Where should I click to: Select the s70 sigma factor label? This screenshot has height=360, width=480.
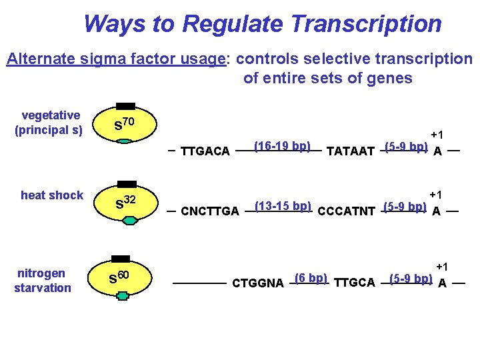126,124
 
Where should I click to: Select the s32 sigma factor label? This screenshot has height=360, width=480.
126,201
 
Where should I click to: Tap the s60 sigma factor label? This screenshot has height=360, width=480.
119,275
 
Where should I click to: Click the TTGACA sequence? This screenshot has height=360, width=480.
205,151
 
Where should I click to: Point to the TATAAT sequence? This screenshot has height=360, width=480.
351,151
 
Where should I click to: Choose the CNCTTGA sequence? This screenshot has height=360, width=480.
210,211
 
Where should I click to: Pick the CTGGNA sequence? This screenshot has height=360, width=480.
258,283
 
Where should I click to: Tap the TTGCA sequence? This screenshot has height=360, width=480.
355,283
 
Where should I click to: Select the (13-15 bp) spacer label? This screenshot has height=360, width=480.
283,205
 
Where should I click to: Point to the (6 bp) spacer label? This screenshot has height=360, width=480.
310,277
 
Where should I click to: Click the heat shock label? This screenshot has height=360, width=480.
52,195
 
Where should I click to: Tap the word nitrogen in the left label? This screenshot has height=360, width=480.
41,273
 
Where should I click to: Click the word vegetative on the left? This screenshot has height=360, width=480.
51,115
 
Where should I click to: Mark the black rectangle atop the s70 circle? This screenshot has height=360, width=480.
125,106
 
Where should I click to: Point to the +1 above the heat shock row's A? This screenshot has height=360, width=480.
437,195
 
